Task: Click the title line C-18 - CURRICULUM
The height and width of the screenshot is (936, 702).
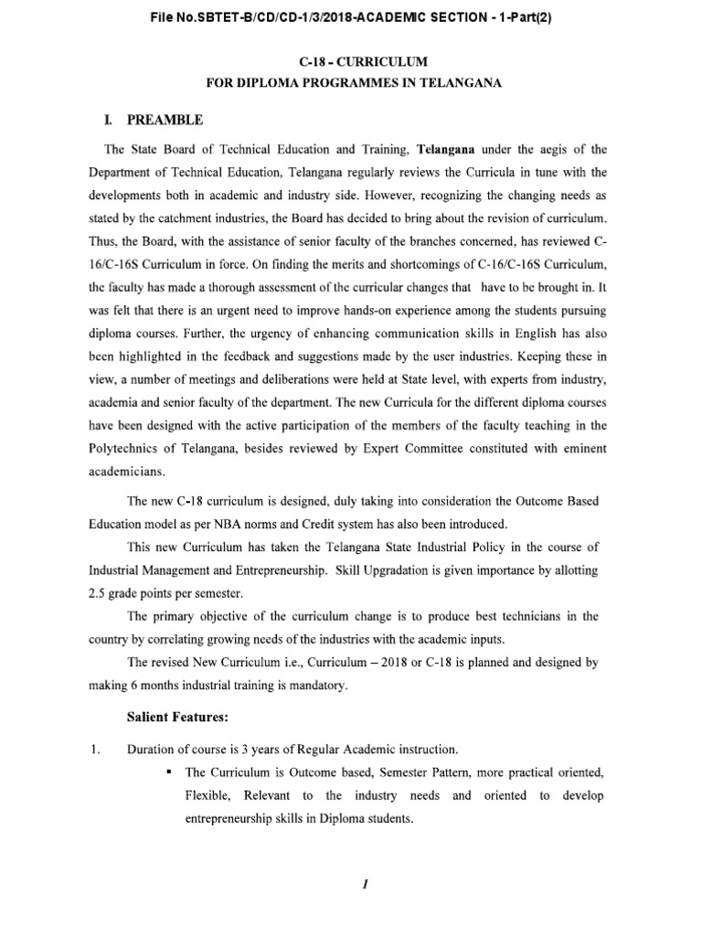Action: point(350,63)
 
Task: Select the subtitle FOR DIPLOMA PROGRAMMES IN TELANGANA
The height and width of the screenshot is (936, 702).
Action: point(350,84)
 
